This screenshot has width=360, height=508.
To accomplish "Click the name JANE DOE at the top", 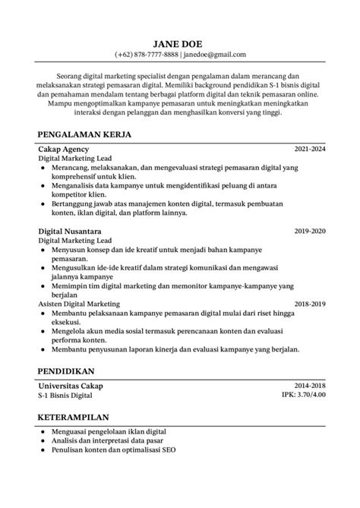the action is [180, 44].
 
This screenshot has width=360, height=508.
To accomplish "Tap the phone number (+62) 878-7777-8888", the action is [147, 55].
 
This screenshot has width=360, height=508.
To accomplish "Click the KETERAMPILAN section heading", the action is [73, 418].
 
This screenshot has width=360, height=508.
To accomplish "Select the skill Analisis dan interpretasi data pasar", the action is [109, 441].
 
